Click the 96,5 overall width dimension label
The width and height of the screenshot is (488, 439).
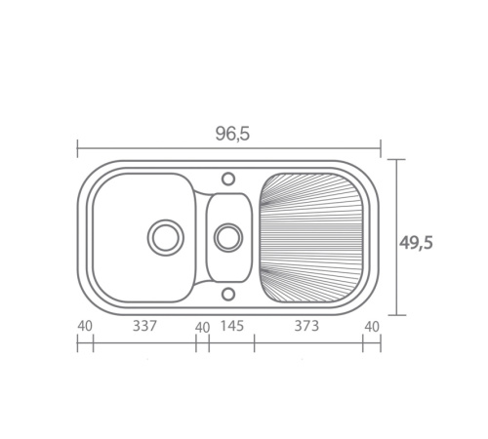click(232, 134)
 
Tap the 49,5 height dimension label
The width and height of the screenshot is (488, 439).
click(416, 243)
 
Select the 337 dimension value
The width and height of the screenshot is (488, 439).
click(144, 326)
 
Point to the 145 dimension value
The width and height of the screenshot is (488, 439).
click(232, 326)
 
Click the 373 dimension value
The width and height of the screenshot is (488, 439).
click(306, 326)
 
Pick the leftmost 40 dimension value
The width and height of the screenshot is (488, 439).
click(85, 326)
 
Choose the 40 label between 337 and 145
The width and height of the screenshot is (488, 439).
click(202, 328)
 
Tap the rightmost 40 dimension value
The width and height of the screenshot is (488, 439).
click(372, 327)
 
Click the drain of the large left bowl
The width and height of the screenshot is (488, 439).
click(166, 237)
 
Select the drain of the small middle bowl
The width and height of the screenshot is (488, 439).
click(228, 237)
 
